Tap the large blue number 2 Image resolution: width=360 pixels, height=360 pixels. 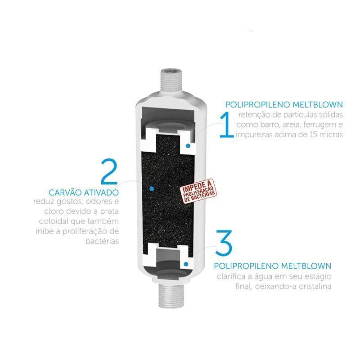pyautogui.click(x=109, y=171)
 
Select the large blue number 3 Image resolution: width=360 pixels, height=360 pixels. pyautogui.click(x=224, y=243)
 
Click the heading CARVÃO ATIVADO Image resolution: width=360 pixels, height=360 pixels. pyautogui.click(x=84, y=193)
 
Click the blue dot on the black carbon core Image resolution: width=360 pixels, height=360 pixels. pyautogui.click(x=151, y=189)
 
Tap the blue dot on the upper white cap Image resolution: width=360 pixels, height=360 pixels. pyautogui.click(x=188, y=145)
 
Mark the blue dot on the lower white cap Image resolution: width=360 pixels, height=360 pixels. pyautogui.click(x=186, y=264)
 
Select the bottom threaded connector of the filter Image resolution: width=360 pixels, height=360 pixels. pyautogui.click(x=170, y=296)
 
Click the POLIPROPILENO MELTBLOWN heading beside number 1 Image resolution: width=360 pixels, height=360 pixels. pyautogui.click(x=284, y=105)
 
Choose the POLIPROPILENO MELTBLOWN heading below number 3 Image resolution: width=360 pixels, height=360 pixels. pyautogui.click(x=273, y=266)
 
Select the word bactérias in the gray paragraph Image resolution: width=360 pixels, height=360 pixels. pyautogui.click(x=103, y=241)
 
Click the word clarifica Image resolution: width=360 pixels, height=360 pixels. pyautogui.click(x=231, y=276)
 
